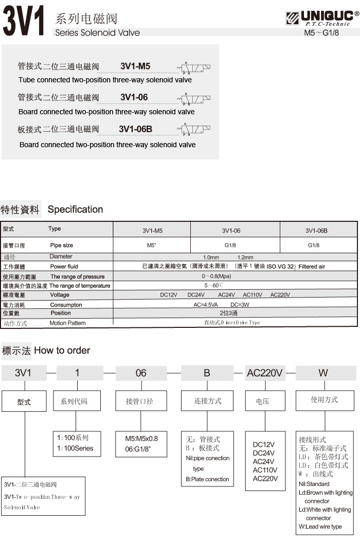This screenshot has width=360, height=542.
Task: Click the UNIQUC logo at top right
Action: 321,19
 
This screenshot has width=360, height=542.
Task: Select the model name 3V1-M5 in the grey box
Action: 135,66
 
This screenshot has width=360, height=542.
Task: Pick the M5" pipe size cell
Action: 151,246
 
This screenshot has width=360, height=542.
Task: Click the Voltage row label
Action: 60,295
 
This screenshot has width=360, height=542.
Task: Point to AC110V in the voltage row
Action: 253,295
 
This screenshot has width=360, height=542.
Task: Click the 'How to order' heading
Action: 62,351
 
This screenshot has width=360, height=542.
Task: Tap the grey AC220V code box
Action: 265,373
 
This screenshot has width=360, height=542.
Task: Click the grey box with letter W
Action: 323,373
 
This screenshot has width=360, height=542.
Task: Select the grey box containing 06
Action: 141,373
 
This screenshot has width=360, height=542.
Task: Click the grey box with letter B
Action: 207,373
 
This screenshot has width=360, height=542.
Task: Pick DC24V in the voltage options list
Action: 264,453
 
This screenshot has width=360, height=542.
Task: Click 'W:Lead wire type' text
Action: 320,527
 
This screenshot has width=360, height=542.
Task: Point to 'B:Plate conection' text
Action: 207,479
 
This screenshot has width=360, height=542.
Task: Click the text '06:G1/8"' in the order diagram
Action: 138,448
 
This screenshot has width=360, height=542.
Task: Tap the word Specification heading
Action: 75,209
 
